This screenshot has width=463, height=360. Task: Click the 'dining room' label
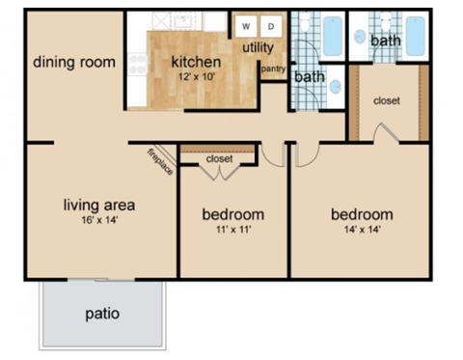tap(74, 63)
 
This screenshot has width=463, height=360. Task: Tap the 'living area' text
tap(98, 205)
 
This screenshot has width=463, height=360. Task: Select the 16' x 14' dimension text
tap(98, 221)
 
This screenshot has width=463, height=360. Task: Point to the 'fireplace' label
tap(160, 161)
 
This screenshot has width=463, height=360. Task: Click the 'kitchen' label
tap(197, 62)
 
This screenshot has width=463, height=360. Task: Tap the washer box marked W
tap(246, 26)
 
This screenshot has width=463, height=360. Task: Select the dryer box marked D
tap(271, 26)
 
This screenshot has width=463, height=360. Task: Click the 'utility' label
tap(258, 46)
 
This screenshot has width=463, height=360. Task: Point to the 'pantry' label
tap(273, 69)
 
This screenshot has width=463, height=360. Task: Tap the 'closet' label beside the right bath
tap(386, 100)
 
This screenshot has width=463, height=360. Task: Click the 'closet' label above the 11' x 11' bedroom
tap(219, 158)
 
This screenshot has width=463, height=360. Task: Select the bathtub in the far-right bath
tap(415, 36)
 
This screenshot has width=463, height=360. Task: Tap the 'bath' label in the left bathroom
tap(310, 76)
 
